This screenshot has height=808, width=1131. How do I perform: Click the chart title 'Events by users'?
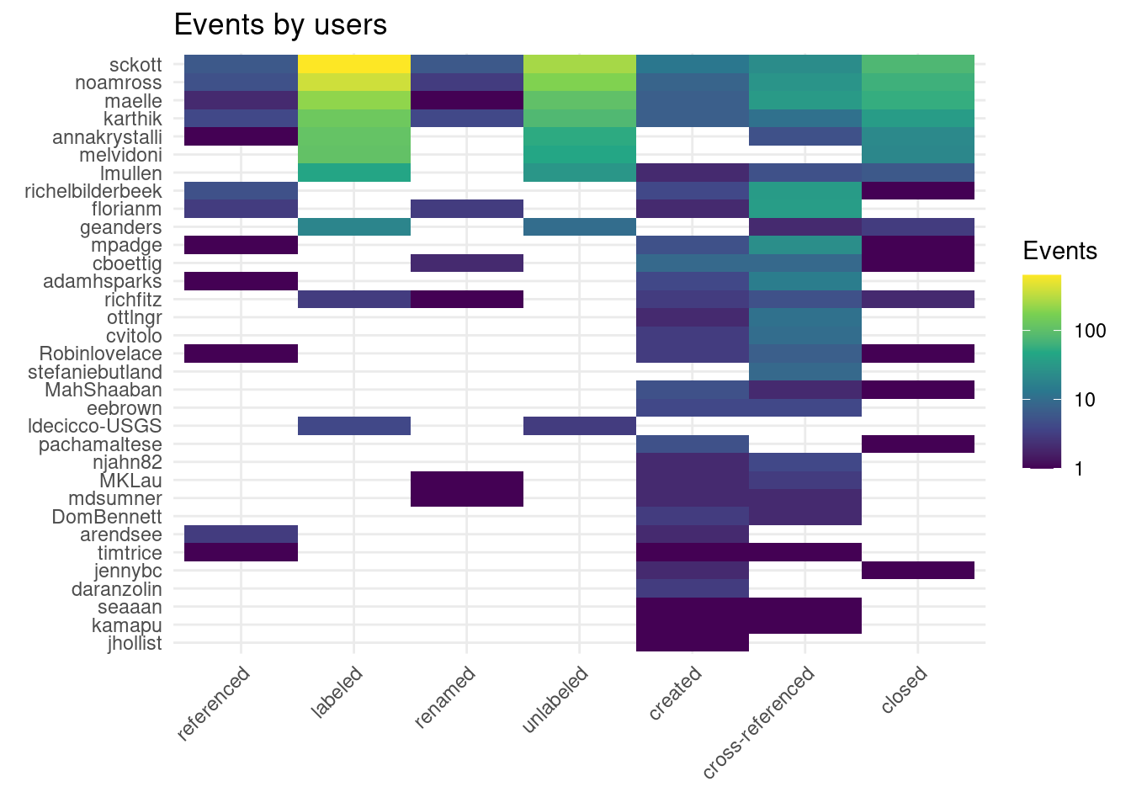280,25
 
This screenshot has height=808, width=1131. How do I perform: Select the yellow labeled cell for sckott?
354,65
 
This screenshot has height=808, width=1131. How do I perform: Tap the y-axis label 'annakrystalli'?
107,137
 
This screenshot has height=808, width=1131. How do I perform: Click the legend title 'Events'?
1059,251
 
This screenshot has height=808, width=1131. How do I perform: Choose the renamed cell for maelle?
467,101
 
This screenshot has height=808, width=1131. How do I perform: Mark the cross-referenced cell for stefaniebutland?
805,372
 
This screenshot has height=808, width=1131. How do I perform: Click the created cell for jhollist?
693,644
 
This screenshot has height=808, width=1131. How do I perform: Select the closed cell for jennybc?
918,571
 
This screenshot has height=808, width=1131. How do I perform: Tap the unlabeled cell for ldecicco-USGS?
579,426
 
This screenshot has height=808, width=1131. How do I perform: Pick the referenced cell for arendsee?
242,535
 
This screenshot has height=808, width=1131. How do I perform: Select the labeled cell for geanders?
354,227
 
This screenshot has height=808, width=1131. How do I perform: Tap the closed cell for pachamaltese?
918,444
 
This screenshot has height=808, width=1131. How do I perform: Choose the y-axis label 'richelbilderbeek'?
93,191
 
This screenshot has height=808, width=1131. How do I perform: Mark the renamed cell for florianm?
467,210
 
